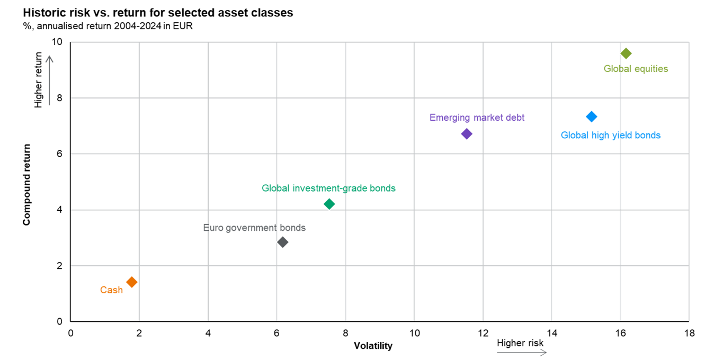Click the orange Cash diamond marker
pos(132,282)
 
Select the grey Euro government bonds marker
pos(283,242)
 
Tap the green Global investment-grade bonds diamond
pos(329,204)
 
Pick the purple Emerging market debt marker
pos(467,134)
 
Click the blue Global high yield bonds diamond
pos(592,116)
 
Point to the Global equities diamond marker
pos(626,53)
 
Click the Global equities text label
pos(636,69)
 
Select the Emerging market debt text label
pos(477,118)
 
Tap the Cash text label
pos(111,290)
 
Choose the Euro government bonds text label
pos(254,228)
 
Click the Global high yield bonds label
pos(611,136)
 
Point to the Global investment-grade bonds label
pos(328,188)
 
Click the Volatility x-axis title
pos(373,346)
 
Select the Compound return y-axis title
pos(26,185)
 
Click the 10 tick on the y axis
pos(57,42)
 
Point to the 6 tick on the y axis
pos(60,154)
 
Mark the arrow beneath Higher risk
pos(521,353)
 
